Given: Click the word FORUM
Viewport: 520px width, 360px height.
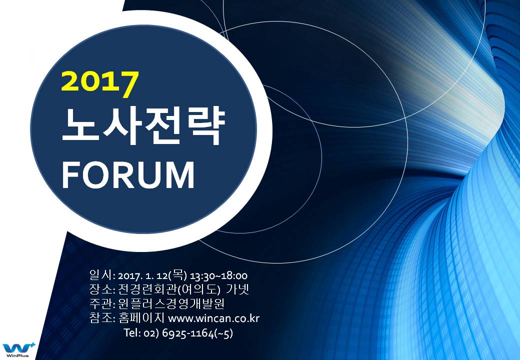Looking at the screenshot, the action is pos(127,174).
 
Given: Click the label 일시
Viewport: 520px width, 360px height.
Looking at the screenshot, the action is pos(101,275).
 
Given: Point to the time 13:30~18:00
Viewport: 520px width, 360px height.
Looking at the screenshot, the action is pos(218,276).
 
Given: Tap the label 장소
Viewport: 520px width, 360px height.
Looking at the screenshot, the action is pos(101,289).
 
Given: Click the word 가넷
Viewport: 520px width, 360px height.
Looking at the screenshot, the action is pos(237,289).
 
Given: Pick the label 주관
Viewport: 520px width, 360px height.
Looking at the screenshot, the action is pos(101,303).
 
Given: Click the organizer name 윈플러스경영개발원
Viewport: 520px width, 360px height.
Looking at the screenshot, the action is pos(171,303).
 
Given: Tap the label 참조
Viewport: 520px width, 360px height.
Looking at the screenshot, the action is pos(101,317).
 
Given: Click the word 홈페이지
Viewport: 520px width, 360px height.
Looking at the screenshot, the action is pos(141,317).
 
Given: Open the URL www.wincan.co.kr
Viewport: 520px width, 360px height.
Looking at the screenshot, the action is pos(214,318).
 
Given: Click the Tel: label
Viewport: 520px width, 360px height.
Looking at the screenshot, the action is pos(132,332).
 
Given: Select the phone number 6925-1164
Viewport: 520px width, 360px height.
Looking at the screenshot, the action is pos(188,333).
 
